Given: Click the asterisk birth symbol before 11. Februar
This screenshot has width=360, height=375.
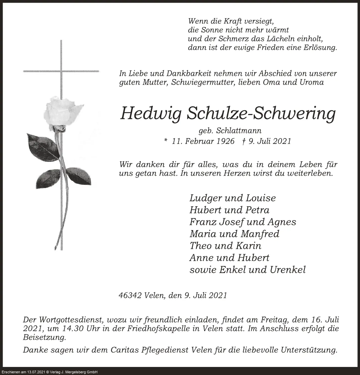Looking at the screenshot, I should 166,141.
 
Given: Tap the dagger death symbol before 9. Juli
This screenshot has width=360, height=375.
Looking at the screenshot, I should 244,141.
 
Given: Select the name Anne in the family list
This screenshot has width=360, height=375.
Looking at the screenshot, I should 201,258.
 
